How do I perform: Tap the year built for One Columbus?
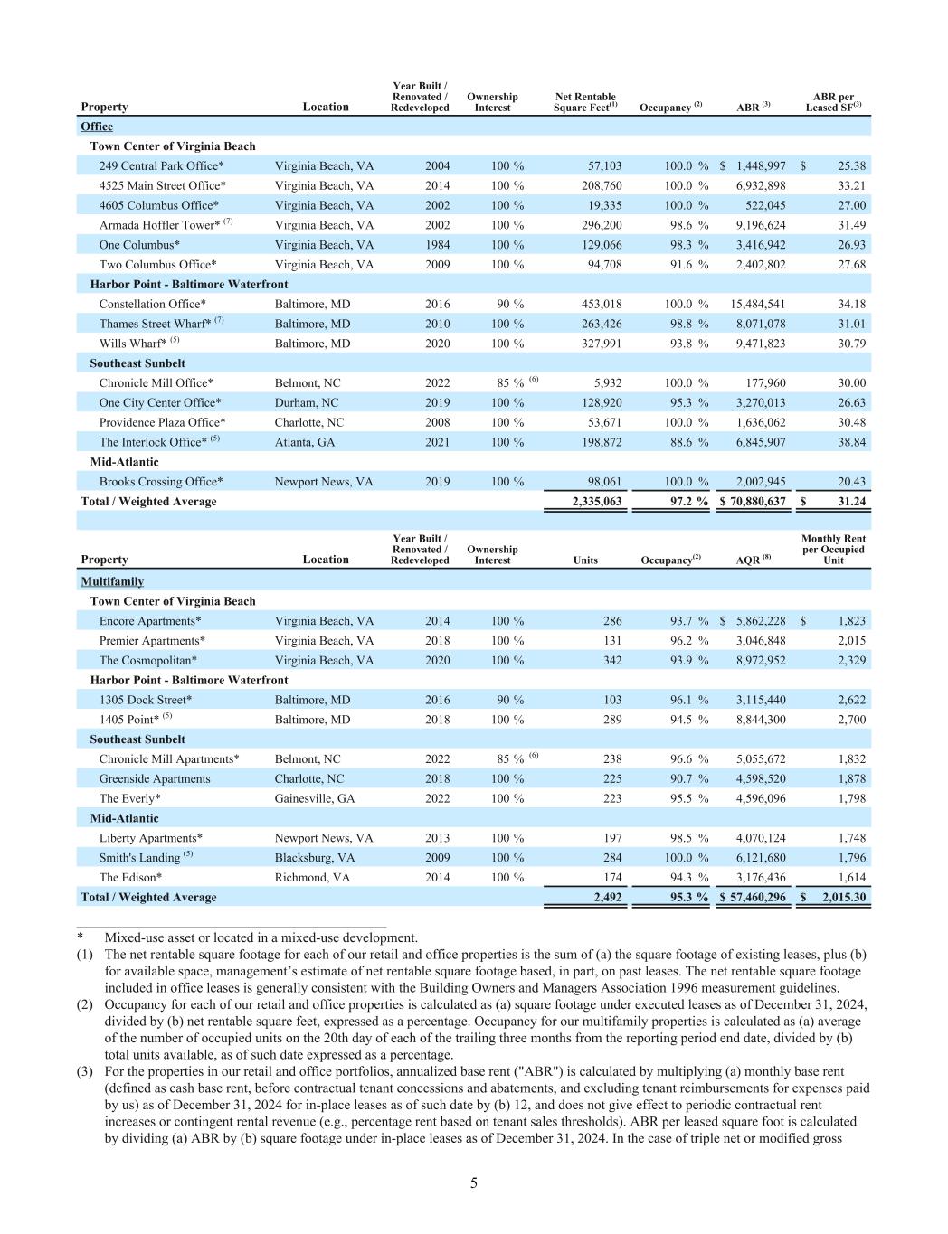pos(437,245)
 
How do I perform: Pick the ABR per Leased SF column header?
pos(833,102)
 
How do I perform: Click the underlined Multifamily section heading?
pos(112,581)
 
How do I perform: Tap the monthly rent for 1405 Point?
pos(851,720)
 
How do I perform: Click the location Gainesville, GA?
pos(315,798)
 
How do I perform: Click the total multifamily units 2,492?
pos(607,898)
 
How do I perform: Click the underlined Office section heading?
pos(97,127)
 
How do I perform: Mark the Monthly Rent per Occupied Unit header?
pos(833,550)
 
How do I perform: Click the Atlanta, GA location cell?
pos(305,442)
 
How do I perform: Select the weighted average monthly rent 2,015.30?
pos(843,898)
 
